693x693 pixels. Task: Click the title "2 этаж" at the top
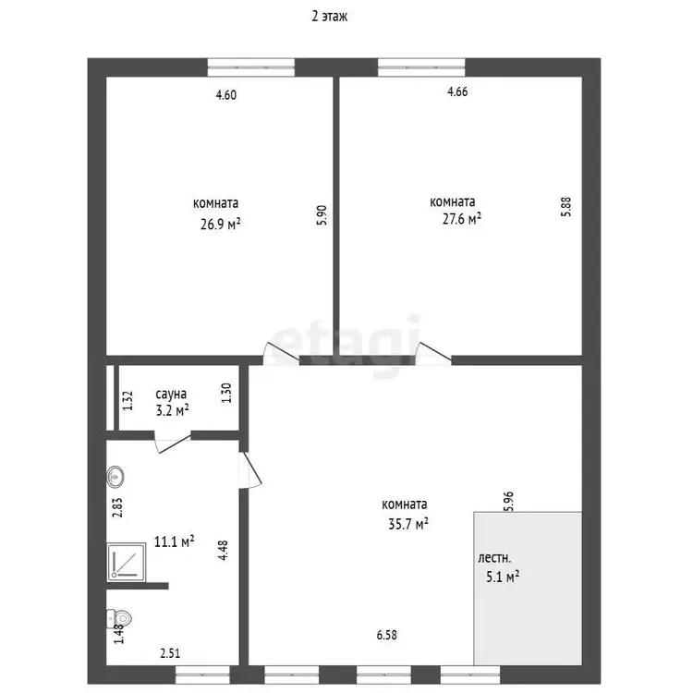click(329, 17)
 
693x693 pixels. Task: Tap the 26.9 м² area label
click(221, 225)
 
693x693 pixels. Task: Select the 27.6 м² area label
click(462, 219)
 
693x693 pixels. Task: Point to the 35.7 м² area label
click(407, 524)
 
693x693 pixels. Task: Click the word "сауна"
click(171, 394)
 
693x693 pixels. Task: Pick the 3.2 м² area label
click(173, 410)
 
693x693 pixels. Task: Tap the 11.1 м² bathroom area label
click(174, 541)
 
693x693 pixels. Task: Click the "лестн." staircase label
click(494, 558)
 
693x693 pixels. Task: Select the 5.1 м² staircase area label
click(503, 577)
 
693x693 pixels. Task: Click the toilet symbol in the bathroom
click(119, 618)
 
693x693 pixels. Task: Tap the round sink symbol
click(115, 477)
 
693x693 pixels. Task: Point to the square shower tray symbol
click(127, 562)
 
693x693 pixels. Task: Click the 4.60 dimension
click(225, 95)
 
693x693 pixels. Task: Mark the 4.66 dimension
click(457, 91)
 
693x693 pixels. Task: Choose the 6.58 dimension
click(387, 635)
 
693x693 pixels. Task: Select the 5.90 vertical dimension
click(322, 215)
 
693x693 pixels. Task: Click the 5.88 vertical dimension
click(565, 206)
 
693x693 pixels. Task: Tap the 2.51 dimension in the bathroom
click(170, 653)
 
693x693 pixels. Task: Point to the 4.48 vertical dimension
click(224, 551)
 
